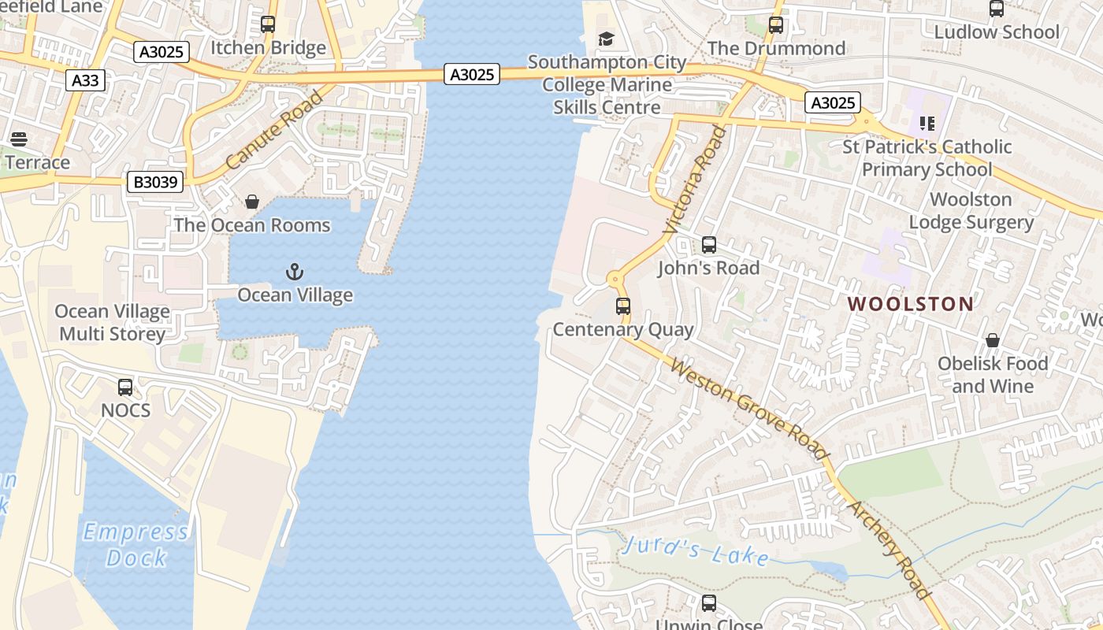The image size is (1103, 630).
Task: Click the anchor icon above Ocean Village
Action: (294, 272)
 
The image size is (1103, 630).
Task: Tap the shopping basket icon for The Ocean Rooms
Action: (252, 202)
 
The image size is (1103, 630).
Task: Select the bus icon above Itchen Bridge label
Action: (268, 24)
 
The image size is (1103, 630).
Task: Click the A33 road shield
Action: (85, 80)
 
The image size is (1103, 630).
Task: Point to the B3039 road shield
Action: (156, 183)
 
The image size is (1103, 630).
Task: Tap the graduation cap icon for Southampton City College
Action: (606, 39)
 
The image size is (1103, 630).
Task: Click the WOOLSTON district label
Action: (910, 304)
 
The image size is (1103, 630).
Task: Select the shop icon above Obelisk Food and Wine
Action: (992, 340)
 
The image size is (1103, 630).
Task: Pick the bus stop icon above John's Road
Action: (708, 245)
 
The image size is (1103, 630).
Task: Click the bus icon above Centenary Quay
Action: (623, 306)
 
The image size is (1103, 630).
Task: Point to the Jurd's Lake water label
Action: (695, 551)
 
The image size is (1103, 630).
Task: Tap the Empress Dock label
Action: (136, 545)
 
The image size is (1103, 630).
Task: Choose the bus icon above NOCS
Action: (125, 387)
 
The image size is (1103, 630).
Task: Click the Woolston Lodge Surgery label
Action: (971, 211)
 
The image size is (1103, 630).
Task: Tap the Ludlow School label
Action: (996, 32)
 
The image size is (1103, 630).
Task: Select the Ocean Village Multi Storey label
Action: (113, 322)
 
